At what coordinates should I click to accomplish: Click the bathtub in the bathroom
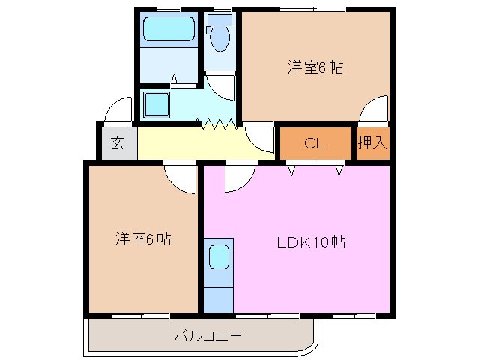coord(169,30)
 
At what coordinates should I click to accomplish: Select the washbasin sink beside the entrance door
coord(157,103)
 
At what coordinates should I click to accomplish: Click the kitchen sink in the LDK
coord(219,256)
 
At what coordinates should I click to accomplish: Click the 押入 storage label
coord(372,143)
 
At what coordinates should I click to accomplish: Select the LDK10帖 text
coord(311,242)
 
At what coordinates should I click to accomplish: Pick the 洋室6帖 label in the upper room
coord(315,67)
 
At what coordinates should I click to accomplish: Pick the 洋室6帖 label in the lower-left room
coord(142,239)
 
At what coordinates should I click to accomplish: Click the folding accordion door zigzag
coord(217,123)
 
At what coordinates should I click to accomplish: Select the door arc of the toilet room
coord(220,84)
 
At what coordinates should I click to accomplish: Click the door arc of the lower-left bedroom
coord(180,177)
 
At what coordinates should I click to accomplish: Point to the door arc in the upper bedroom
coord(372,111)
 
